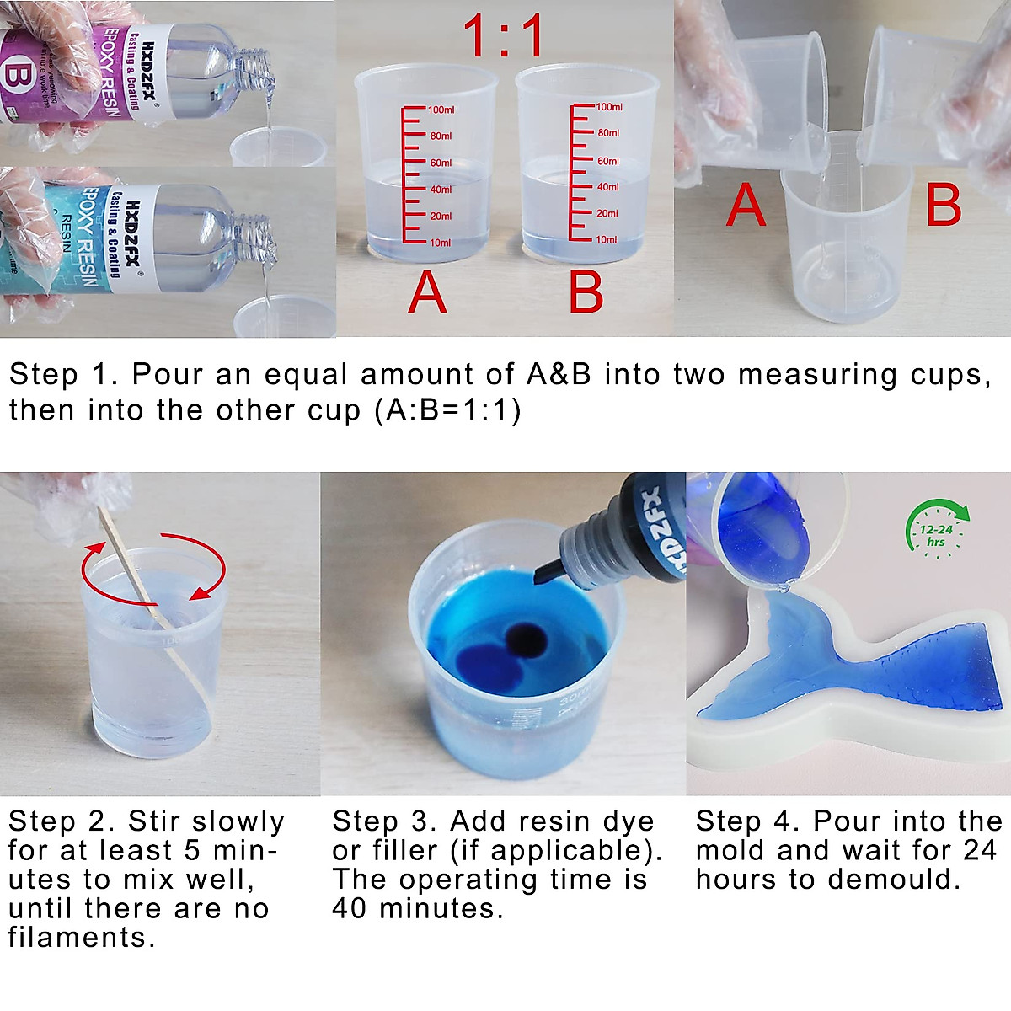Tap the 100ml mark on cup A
point(440,110)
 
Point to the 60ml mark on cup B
point(607,161)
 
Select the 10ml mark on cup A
point(439,243)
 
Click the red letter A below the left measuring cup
point(427,292)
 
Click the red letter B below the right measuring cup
point(586,292)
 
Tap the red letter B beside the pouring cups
point(943,205)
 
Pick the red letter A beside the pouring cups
point(746,205)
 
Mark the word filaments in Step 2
point(81,938)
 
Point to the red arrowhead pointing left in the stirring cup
point(198,595)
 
